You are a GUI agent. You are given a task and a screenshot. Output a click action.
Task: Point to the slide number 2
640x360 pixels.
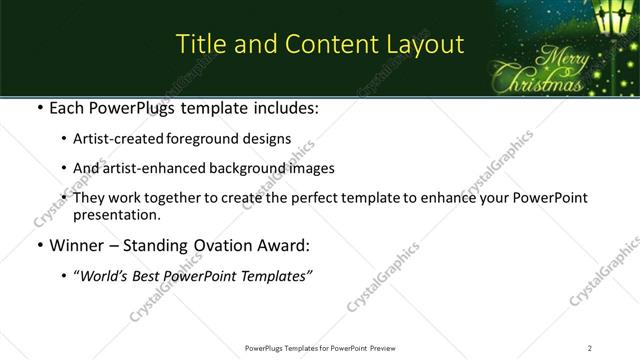pyautogui.click(x=590, y=347)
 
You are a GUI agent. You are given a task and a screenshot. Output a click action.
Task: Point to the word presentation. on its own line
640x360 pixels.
pyautogui.click(x=115, y=214)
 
